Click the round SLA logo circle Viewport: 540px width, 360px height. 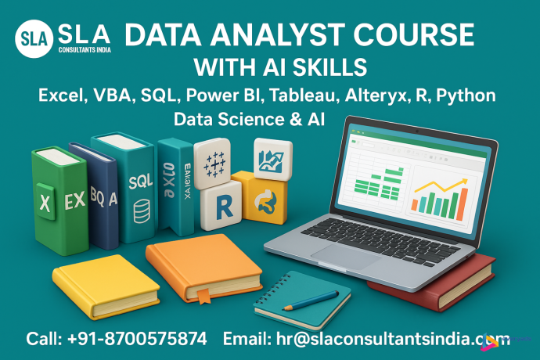(33, 38)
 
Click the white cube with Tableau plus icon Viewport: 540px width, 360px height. (215, 165)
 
